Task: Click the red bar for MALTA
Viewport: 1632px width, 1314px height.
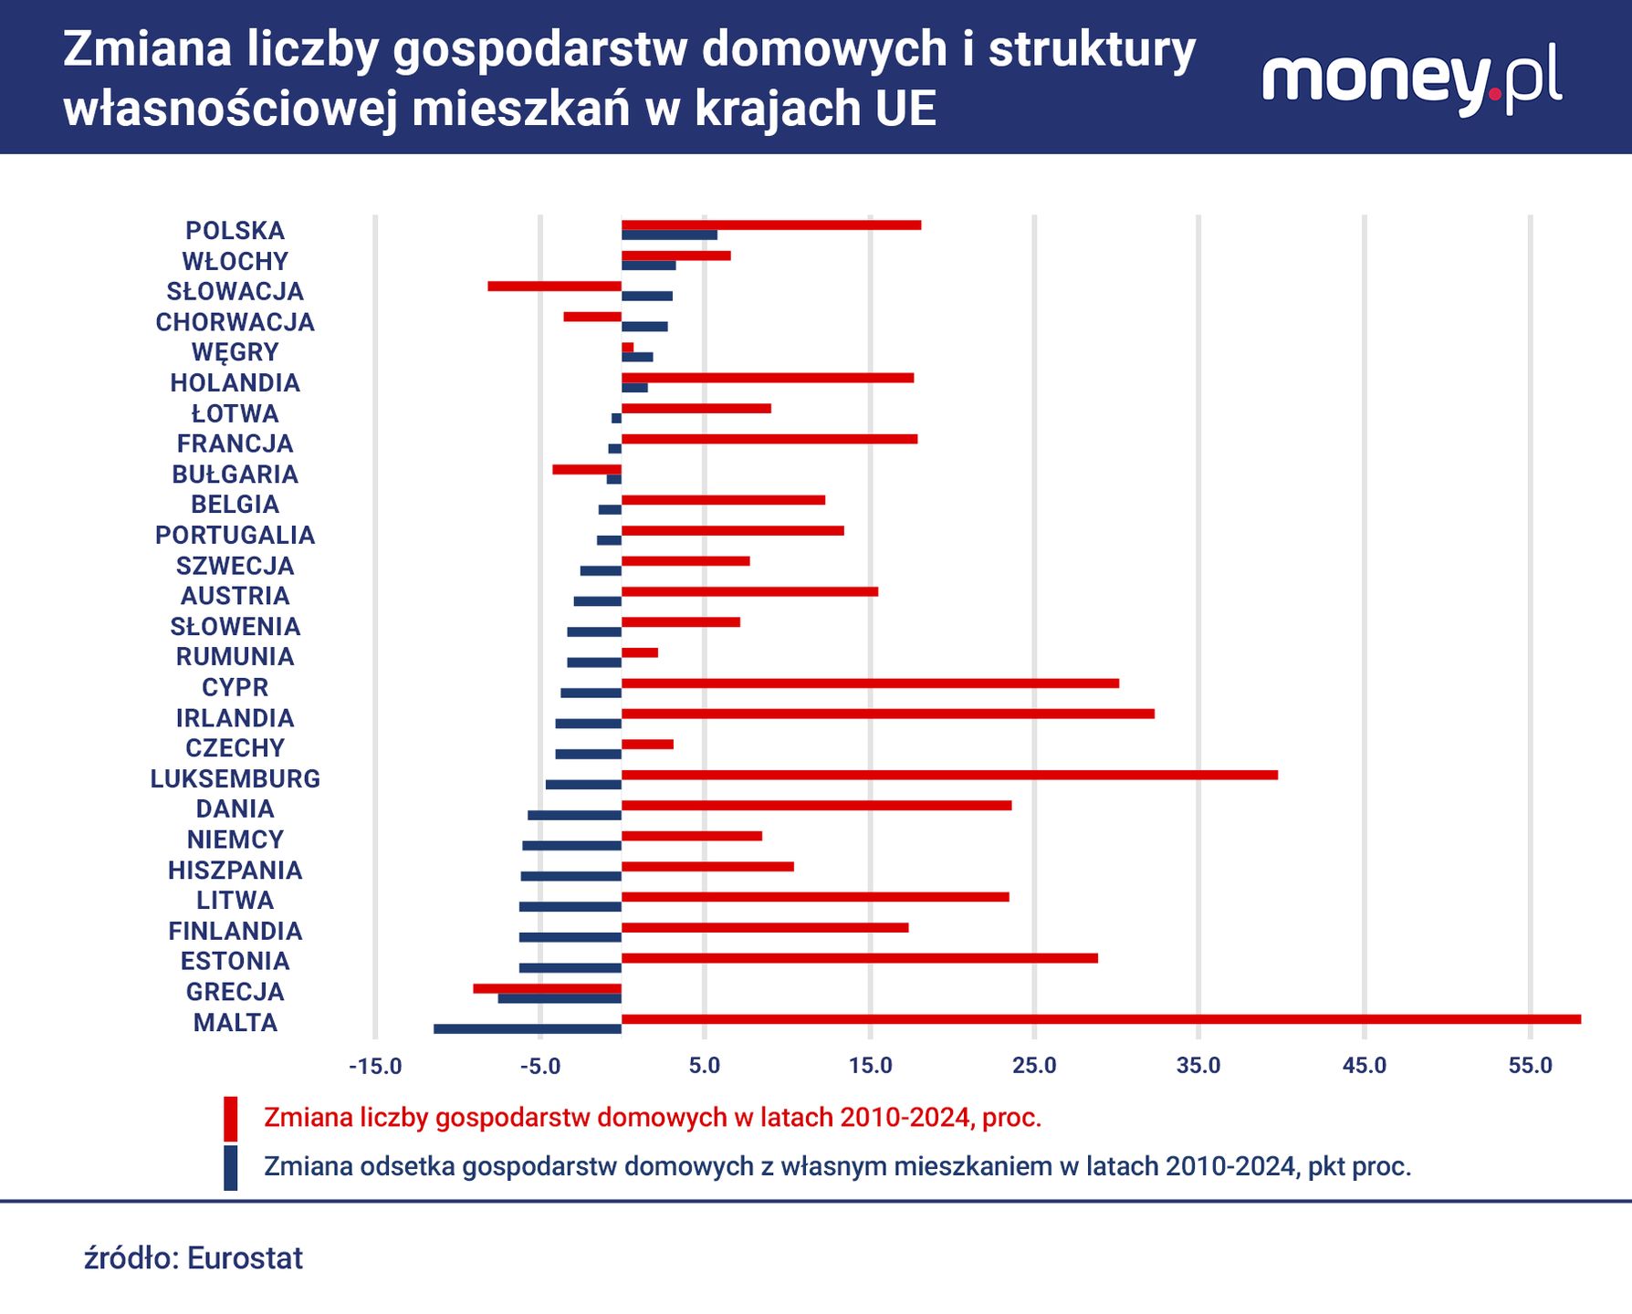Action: point(1100,1019)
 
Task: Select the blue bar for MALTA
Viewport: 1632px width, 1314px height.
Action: point(528,1029)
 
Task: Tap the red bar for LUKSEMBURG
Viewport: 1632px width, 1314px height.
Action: point(949,775)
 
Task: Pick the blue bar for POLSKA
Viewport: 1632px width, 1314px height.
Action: point(669,235)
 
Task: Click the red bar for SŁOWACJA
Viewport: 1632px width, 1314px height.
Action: point(554,287)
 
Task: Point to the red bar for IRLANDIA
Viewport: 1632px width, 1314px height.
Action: point(887,714)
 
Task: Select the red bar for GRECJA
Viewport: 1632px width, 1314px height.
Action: point(547,988)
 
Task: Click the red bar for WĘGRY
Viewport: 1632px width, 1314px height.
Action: point(627,348)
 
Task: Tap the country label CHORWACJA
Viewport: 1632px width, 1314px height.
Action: point(235,322)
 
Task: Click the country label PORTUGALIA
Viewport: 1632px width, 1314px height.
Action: point(235,535)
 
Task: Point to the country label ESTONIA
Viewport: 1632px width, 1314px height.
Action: point(235,961)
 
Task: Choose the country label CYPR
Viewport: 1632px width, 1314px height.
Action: point(235,687)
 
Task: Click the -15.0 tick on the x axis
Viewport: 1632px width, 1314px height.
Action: point(375,1066)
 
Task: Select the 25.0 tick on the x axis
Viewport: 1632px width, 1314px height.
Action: point(1034,1066)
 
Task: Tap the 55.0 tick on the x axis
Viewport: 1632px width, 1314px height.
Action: point(1530,1066)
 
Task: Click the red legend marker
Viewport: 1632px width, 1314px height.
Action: point(231,1119)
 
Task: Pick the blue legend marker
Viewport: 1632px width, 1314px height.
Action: point(231,1168)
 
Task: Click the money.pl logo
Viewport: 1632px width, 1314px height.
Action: point(1411,82)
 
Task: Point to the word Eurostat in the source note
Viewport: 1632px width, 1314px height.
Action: point(245,1258)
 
